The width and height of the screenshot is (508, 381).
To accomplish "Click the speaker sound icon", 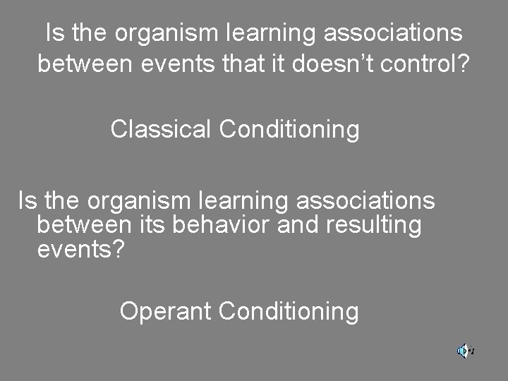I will [464, 350].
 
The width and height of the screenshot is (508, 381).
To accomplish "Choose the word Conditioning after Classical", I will [289, 129].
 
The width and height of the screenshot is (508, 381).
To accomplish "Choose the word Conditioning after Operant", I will [289, 310].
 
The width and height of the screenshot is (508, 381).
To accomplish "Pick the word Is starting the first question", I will [52, 33].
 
